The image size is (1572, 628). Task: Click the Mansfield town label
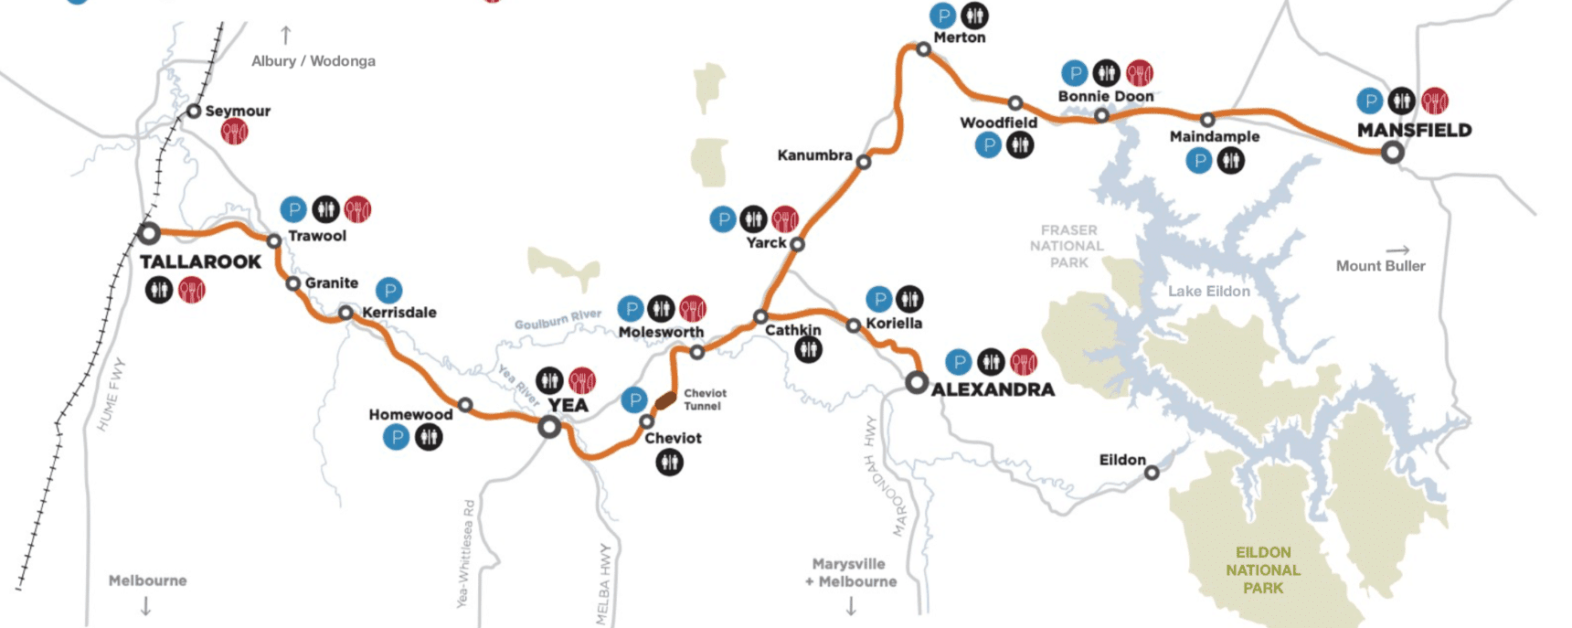coord(1414,130)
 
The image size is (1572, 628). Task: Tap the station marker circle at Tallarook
coord(149,233)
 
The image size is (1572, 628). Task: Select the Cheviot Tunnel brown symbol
coord(665,400)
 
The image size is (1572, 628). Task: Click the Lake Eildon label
coord(1208,291)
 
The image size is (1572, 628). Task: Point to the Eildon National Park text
coord(1262,569)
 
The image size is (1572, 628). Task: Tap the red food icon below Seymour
coord(234,133)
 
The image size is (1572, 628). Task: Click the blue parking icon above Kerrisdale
coord(389,291)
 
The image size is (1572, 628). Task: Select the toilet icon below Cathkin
coord(808,349)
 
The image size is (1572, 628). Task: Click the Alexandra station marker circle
coord(917,382)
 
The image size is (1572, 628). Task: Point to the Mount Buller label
coord(1380,266)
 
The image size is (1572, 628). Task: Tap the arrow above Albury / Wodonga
coord(286,35)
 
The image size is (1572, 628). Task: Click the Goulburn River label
coord(558,319)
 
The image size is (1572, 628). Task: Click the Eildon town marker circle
coord(1152,473)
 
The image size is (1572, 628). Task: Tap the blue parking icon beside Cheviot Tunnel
coord(634,399)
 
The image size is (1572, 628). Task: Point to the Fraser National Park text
coord(1067,246)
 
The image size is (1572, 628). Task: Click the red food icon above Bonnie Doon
coord(1139,72)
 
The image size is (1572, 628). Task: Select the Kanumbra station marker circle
coord(864,162)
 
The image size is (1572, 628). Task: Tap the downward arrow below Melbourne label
coord(146,605)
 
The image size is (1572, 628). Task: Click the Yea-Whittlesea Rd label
coord(465,554)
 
